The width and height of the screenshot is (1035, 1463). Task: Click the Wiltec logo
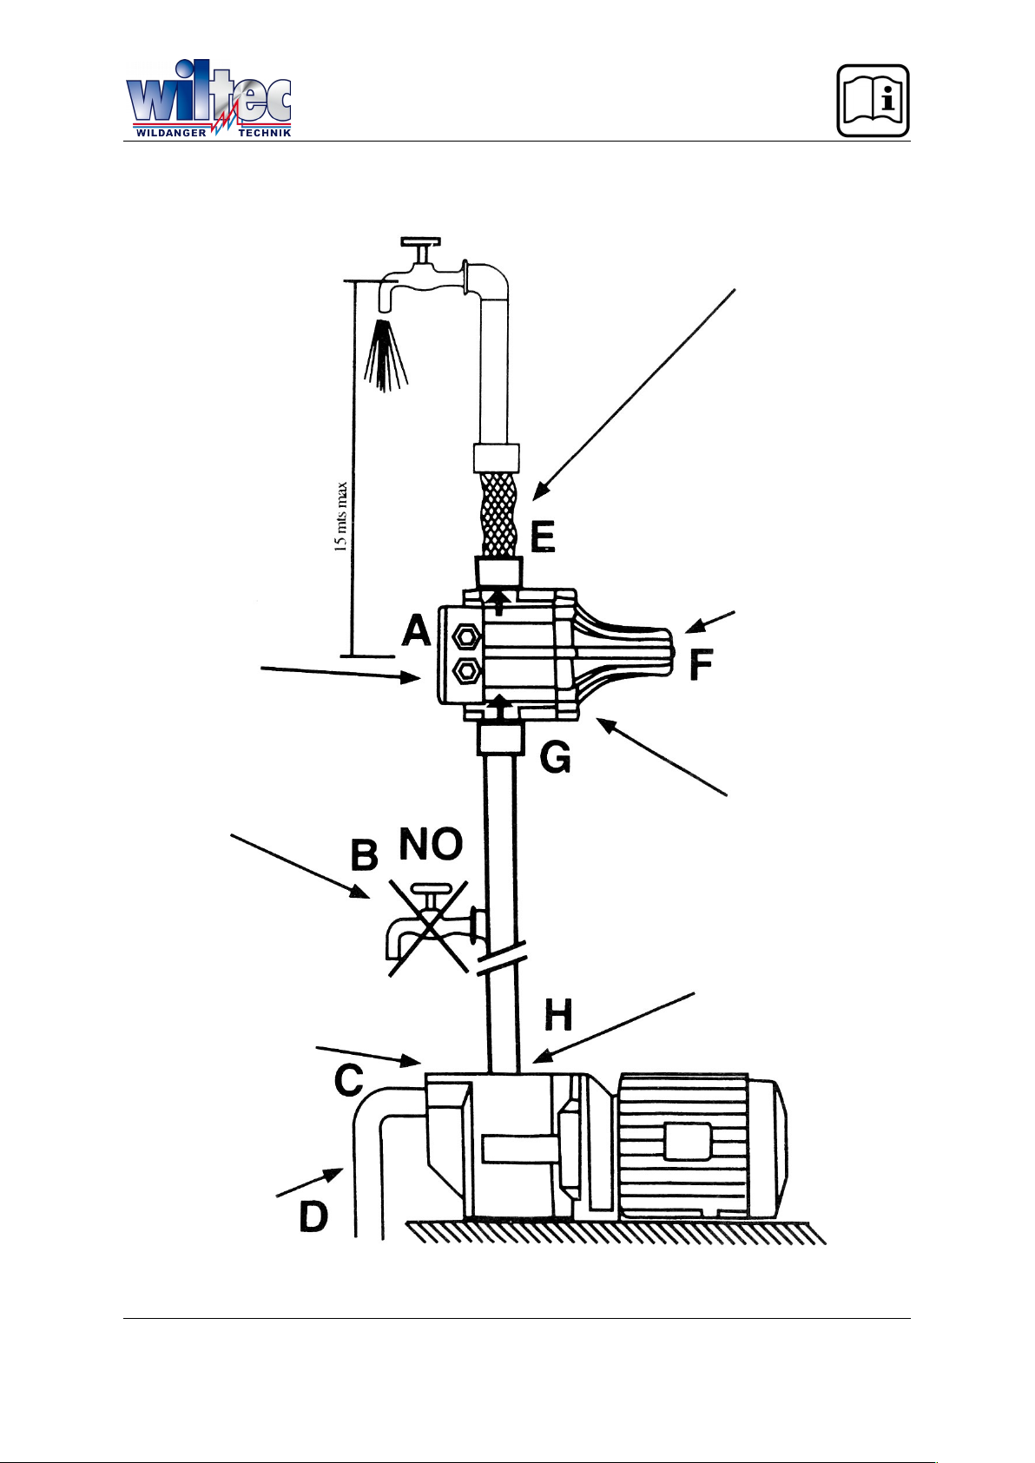(x=208, y=99)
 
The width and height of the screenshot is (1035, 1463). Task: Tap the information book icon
(x=873, y=101)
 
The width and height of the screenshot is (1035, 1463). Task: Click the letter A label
(x=417, y=631)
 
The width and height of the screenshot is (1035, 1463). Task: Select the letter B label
(x=365, y=855)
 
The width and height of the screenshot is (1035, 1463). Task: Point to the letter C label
(x=349, y=1080)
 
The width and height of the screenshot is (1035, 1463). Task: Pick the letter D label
(x=313, y=1218)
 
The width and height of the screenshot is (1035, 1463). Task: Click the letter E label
(x=543, y=537)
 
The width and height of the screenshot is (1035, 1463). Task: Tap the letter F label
(x=701, y=665)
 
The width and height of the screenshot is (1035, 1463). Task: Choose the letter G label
(x=555, y=758)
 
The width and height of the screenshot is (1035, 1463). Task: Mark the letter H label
(x=558, y=1016)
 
